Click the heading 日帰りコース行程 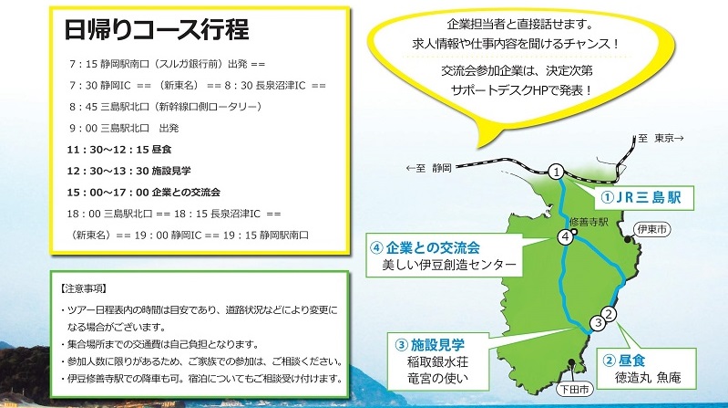pos(157,30)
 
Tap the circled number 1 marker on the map pos(556,173)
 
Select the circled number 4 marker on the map pos(566,237)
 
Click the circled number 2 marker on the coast pos(609,314)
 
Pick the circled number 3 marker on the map pos(598,323)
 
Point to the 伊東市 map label pos(652,229)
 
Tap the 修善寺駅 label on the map pos(589,222)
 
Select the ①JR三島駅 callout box pos(644,198)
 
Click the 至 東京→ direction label pos(661,138)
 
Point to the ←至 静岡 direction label pos(428,168)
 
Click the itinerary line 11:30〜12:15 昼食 pos(119,150)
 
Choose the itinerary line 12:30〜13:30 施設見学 pos(129,172)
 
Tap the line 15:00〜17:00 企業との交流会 pos(143,193)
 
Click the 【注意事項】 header pos(84,289)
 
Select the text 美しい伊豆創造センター pos(449,265)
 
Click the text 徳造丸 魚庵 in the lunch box pos(648,377)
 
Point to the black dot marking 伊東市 pos(628,239)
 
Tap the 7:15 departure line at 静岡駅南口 pos(167,64)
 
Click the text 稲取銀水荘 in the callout pos(438,362)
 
